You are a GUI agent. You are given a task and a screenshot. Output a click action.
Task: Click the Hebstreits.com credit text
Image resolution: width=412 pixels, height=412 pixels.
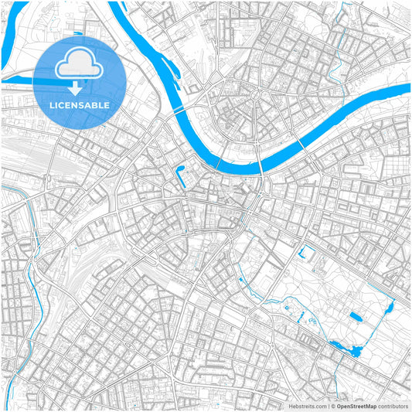pyautogui.click(x=308, y=406)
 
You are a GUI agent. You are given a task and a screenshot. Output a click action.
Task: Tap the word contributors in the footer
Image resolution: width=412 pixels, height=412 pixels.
pyautogui.click(x=393, y=406)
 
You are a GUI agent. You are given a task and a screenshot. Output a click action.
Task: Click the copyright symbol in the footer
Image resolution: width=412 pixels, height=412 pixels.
pyautogui.click(x=332, y=406)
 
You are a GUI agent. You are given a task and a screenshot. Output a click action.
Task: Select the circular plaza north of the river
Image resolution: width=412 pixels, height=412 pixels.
pyautogui.click(x=254, y=95)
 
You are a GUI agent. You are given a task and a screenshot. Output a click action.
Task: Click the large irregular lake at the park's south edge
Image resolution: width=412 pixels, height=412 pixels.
pyautogui.click(x=346, y=349)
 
